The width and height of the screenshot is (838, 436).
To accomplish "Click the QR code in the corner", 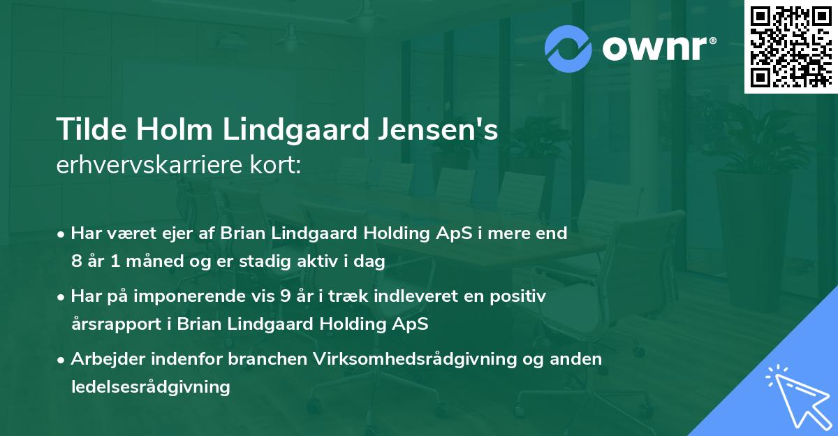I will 791,47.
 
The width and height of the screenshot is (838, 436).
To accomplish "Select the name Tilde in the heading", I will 88,131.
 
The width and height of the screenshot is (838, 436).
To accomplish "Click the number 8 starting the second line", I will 76,262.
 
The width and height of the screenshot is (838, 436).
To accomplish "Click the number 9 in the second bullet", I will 284,296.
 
